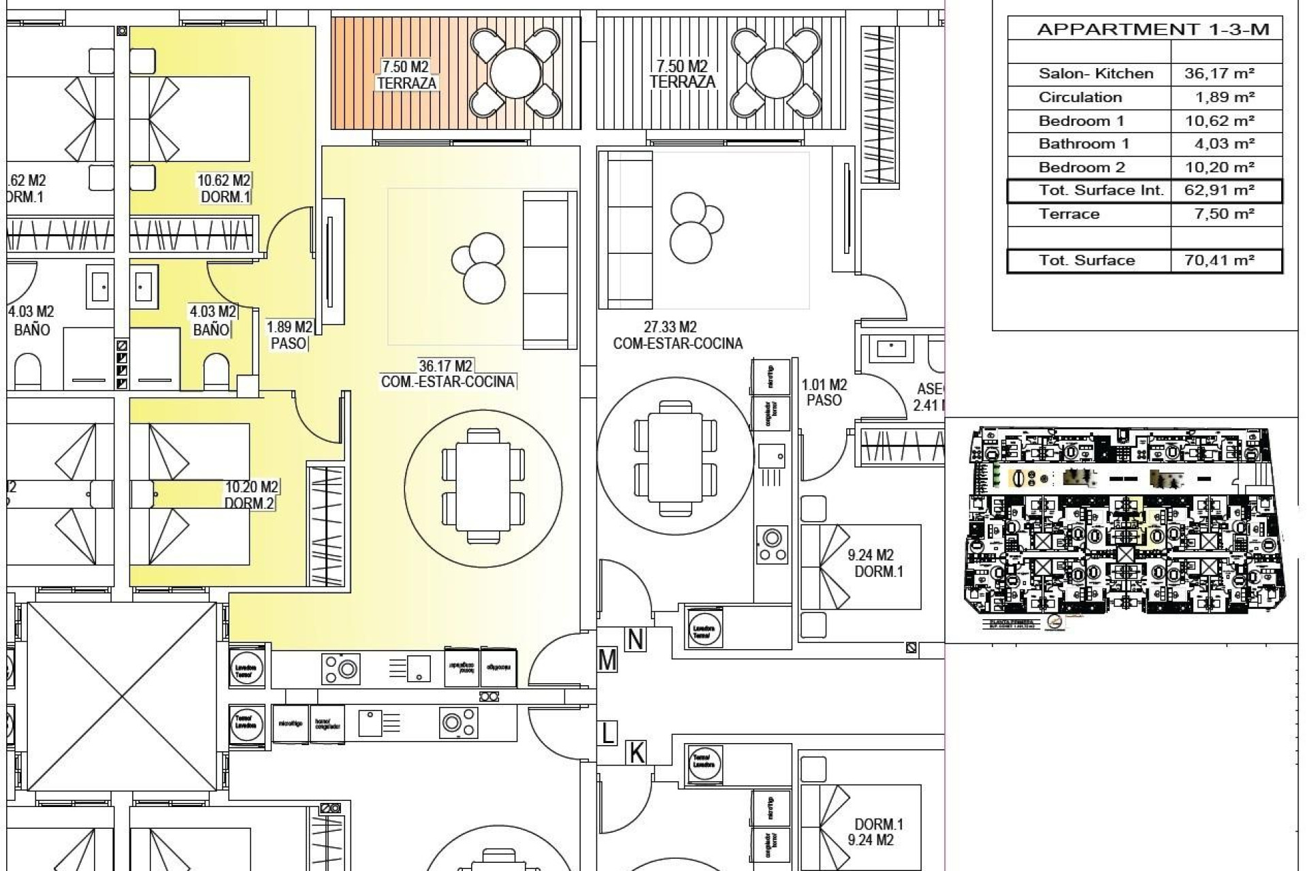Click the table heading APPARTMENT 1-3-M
click(1152, 29)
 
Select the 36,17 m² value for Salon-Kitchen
click(1219, 73)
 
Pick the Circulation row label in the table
click(1080, 97)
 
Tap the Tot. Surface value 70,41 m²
click(1219, 260)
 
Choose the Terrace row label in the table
click(1069, 214)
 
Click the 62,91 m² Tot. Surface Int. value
click(1219, 190)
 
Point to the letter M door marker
click(607, 660)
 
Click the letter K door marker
click(636, 753)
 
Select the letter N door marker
click(635, 640)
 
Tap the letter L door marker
click(607, 734)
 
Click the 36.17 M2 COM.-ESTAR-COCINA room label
click(447, 374)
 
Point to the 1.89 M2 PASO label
click(289, 335)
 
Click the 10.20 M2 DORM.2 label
click(251, 495)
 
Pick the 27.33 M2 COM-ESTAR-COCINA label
click(677, 335)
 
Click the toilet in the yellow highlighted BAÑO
click(216, 371)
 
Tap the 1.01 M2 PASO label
click(824, 393)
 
